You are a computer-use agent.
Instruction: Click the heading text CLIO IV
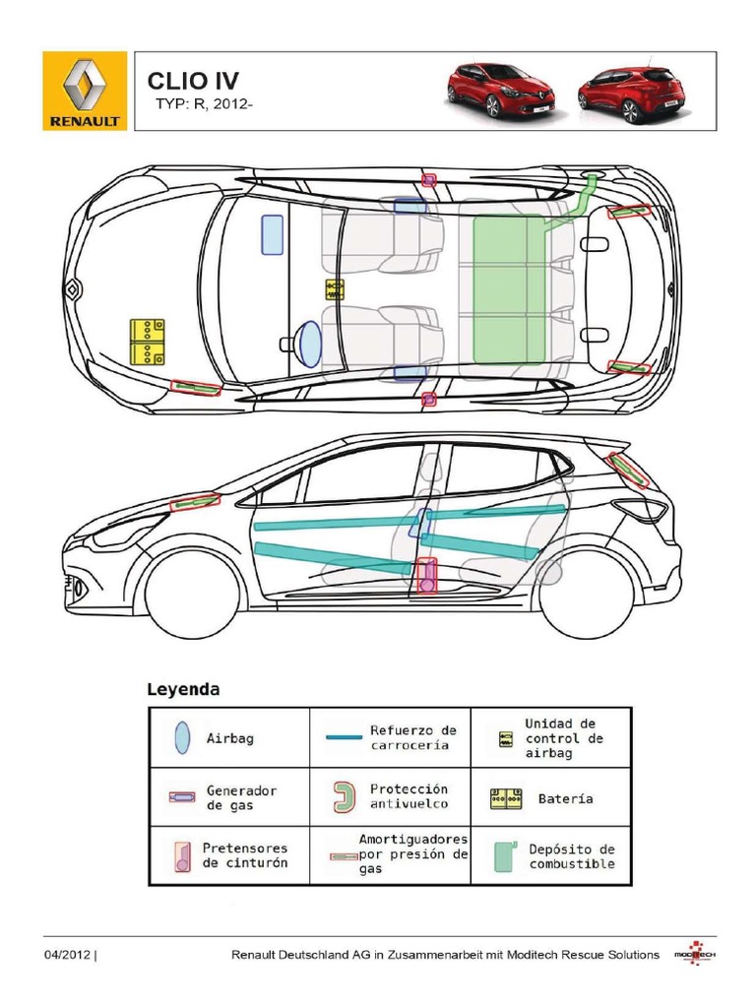[193, 80]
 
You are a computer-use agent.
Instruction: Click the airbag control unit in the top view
[335, 288]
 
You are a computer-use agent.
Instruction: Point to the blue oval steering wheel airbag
[309, 344]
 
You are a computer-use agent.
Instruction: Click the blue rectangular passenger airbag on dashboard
[272, 235]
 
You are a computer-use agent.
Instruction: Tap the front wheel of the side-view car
[193, 596]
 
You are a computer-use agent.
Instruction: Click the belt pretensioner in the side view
[426, 575]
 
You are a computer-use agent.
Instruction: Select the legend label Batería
[566, 798]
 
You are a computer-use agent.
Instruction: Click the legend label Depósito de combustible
[572, 855]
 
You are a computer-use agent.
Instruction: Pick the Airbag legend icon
[181, 737]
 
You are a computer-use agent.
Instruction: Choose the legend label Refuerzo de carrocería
[413, 737]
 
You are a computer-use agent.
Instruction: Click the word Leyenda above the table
[183, 689]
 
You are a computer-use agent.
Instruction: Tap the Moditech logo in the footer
[695, 954]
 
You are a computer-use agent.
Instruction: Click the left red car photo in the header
[501, 91]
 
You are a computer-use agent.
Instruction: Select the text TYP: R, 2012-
[205, 105]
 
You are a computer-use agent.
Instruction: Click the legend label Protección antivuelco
[409, 796]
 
